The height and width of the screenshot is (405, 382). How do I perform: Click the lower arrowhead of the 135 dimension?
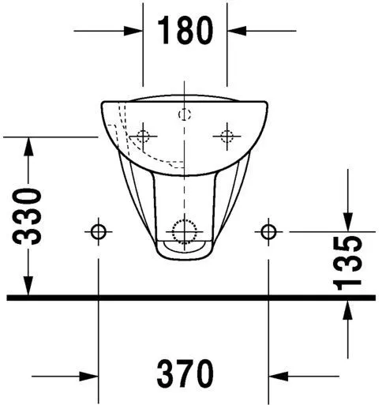pos(348,309)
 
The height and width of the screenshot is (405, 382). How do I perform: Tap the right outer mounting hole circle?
pos(268,231)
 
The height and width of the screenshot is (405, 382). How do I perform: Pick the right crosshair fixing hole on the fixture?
pos(226,136)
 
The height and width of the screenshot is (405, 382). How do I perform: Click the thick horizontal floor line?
pos(189,298)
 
